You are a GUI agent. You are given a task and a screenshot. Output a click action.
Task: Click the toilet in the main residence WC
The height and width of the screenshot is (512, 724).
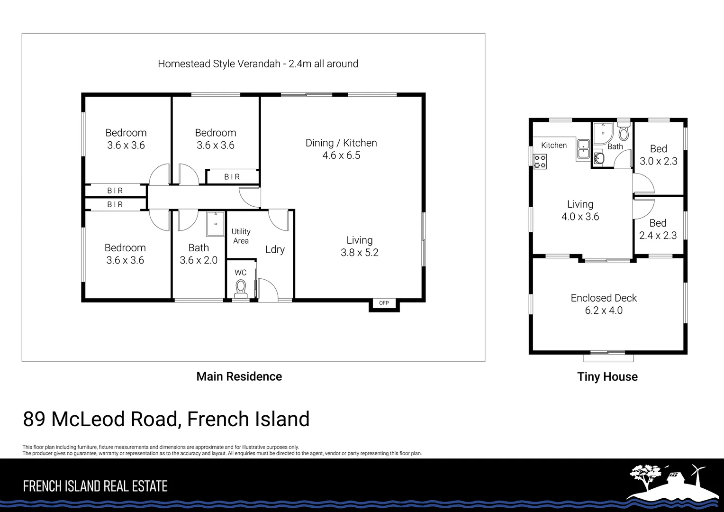(241, 288)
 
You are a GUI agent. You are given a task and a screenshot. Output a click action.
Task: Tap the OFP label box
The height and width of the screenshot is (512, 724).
(384, 303)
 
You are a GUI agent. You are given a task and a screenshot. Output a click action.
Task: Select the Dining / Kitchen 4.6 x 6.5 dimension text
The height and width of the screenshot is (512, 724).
(341, 155)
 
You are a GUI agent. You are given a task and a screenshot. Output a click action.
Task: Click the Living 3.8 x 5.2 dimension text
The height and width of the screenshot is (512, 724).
(359, 253)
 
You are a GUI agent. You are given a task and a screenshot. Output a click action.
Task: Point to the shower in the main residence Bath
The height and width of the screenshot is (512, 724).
(216, 223)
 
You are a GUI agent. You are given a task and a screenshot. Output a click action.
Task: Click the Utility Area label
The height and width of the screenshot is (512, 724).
(241, 236)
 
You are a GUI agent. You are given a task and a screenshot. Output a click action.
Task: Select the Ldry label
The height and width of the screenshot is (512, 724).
(275, 250)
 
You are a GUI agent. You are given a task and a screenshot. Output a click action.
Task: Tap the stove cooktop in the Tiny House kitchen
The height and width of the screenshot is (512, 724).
(540, 162)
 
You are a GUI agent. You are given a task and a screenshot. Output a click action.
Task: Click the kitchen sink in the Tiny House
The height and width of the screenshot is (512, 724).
(583, 149)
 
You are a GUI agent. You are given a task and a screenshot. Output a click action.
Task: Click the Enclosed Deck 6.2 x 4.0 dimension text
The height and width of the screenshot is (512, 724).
(603, 311)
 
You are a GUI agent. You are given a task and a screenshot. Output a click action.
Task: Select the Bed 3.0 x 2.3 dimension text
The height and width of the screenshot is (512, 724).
(658, 161)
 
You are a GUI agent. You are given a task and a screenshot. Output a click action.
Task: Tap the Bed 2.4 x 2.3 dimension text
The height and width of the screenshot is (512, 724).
(658, 236)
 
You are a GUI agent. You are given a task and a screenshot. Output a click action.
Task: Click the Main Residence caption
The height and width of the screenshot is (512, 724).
(239, 376)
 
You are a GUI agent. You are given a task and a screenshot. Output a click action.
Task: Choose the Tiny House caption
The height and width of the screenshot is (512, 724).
(607, 377)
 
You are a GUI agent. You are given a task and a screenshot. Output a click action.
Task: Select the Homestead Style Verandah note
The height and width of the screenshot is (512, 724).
(258, 64)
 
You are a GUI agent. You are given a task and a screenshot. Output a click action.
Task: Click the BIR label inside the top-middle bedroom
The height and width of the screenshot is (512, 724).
(232, 177)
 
